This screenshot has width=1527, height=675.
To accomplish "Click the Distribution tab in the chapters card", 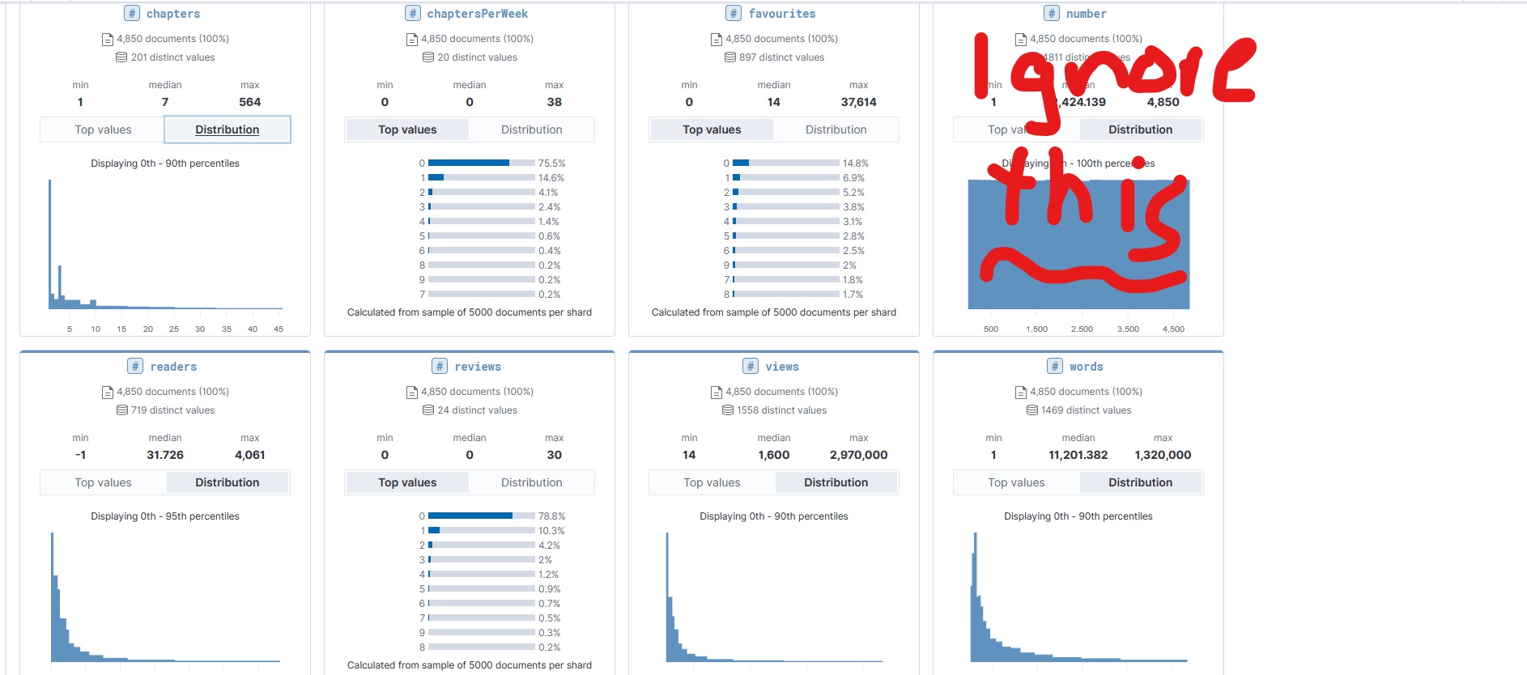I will pyautogui.click(x=227, y=129).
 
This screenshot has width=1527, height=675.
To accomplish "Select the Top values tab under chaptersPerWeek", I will pyautogui.click(x=407, y=129).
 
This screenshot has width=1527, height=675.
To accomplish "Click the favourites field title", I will pyautogui.click(x=781, y=14).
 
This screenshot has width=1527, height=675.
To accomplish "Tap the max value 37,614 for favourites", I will pyautogui.click(x=858, y=102).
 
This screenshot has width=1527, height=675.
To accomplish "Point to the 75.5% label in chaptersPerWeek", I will pyautogui.click(x=551, y=163).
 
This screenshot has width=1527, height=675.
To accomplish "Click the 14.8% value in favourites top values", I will pyautogui.click(x=855, y=163).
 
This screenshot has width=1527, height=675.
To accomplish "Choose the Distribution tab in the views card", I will pyautogui.click(x=836, y=482).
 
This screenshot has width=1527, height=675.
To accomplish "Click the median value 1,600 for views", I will pyautogui.click(x=773, y=455).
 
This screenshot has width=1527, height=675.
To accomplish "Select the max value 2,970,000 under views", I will pyautogui.click(x=858, y=455).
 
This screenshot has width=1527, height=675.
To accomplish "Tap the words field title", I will pyautogui.click(x=1086, y=367).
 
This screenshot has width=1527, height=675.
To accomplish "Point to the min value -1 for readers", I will pyautogui.click(x=80, y=455).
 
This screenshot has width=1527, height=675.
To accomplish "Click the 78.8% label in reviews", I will pyautogui.click(x=551, y=516).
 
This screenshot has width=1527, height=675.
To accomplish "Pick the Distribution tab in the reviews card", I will pyautogui.click(x=531, y=482).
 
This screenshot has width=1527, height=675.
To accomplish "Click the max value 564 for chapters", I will pyautogui.click(x=249, y=102).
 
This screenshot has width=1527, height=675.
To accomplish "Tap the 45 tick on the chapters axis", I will pyautogui.click(x=279, y=329).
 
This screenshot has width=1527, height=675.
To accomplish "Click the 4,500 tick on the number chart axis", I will pyautogui.click(x=1173, y=329).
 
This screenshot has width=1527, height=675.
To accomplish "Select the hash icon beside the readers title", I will pyautogui.click(x=135, y=367).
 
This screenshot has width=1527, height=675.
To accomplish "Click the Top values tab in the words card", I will pyautogui.click(x=1016, y=482).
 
